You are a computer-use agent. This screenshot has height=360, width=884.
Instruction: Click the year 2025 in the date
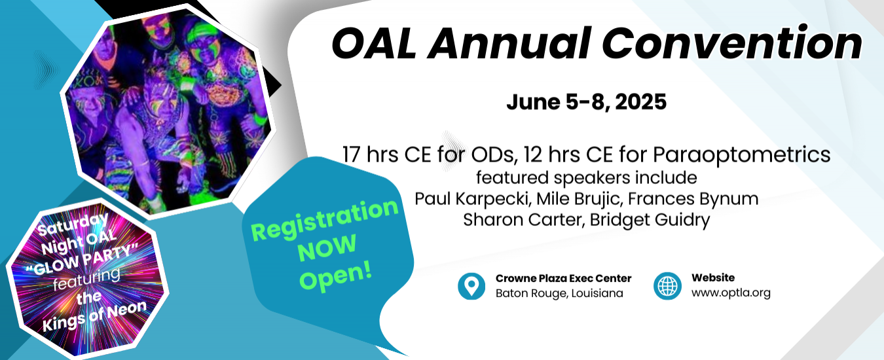pyautogui.click(x=640, y=101)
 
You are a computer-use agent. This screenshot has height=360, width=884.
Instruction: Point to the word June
pyautogui.click(x=533, y=101)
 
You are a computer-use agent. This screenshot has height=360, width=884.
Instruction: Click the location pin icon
pyautogui.click(x=471, y=286)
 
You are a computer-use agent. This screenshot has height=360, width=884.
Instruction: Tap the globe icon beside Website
pyautogui.click(x=667, y=286)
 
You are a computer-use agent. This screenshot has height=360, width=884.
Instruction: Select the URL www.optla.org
pyautogui.click(x=731, y=293)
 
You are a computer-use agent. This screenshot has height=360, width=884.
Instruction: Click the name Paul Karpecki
pyautogui.click(x=471, y=199)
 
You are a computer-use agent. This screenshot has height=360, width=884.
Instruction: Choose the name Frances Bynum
pyautogui.click(x=693, y=199)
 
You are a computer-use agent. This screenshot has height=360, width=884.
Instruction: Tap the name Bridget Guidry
pyautogui.click(x=650, y=220)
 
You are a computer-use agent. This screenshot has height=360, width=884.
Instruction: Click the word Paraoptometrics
pyautogui.click(x=741, y=154)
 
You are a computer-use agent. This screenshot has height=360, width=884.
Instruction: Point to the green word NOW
pyautogui.click(x=327, y=247)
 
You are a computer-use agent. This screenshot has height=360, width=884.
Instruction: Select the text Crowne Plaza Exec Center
pyautogui.click(x=564, y=278)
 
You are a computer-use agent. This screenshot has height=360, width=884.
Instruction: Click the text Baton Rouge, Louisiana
pyautogui.click(x=559, y=293)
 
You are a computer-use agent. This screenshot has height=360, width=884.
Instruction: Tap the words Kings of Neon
pyautogui.click(x=94, y=316)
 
